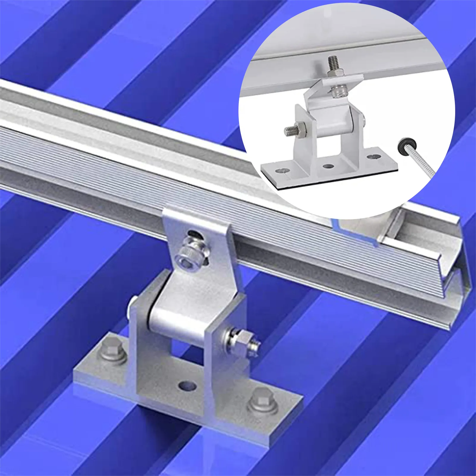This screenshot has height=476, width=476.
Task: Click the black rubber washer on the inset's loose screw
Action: click(404, 145)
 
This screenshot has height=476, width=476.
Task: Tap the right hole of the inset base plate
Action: click(370, 156)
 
